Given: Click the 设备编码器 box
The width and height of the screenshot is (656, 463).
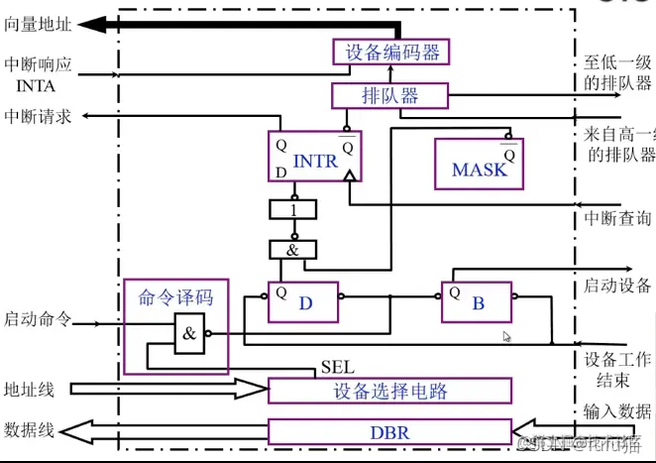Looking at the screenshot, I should coord(392,52).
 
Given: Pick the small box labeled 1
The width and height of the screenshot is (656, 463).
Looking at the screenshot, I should coord(293,210).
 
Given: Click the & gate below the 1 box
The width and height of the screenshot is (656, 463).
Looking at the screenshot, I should coord(293,250).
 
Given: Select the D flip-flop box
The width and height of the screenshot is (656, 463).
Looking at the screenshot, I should coord(304,301).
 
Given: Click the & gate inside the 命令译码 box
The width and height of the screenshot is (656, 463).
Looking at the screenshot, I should coord(190,335).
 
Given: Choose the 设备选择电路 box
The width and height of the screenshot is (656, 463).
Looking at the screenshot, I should coord(390,390).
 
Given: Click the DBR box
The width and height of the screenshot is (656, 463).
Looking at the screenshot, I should coord(390,432).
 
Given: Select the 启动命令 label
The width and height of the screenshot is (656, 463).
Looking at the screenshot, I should coord(37,319).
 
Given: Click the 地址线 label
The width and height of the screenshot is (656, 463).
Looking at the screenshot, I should coord(30,389).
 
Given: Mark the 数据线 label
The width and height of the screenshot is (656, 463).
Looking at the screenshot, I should coord(30,430).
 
